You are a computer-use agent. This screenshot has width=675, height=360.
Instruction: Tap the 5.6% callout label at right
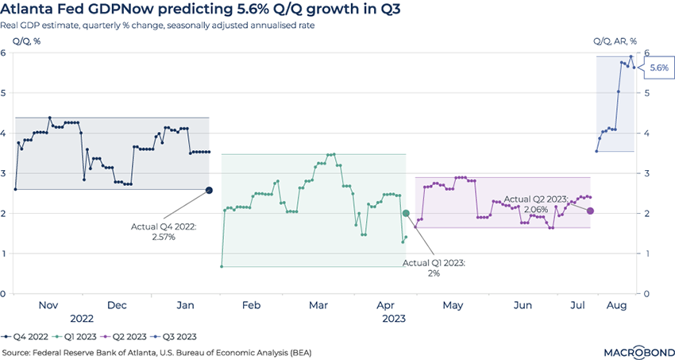coord(658,68)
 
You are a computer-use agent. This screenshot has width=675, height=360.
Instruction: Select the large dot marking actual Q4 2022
coord(209,190)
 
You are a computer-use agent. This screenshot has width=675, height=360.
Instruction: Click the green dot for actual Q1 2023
coord(406,213)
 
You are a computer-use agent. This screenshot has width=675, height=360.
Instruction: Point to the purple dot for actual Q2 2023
coord(590,211)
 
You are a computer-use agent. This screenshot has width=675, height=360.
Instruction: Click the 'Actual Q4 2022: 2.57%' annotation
coord(163,231)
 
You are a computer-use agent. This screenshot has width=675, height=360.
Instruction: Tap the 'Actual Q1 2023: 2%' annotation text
coord(433,267)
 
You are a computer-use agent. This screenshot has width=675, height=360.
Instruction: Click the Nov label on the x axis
coord(49,305)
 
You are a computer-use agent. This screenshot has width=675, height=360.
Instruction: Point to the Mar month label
coord(319,305)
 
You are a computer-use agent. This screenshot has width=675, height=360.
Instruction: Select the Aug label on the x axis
coord(615,305)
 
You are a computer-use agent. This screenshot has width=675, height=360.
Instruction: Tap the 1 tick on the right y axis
coord(647,254)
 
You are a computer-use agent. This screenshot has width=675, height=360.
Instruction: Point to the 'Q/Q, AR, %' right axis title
coord(615,41)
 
